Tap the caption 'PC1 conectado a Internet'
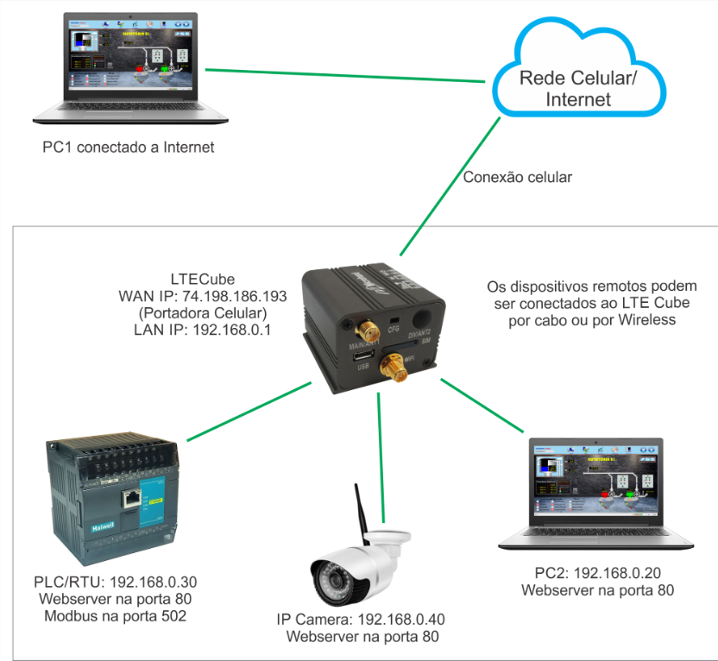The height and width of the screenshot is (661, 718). click(129, 148)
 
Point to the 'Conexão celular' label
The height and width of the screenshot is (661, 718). click(518, 178)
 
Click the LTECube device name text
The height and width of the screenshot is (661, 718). click(205, 280)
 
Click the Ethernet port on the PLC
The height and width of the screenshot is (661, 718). click(130, 498)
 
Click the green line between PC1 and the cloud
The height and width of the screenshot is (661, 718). click(345, 75)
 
